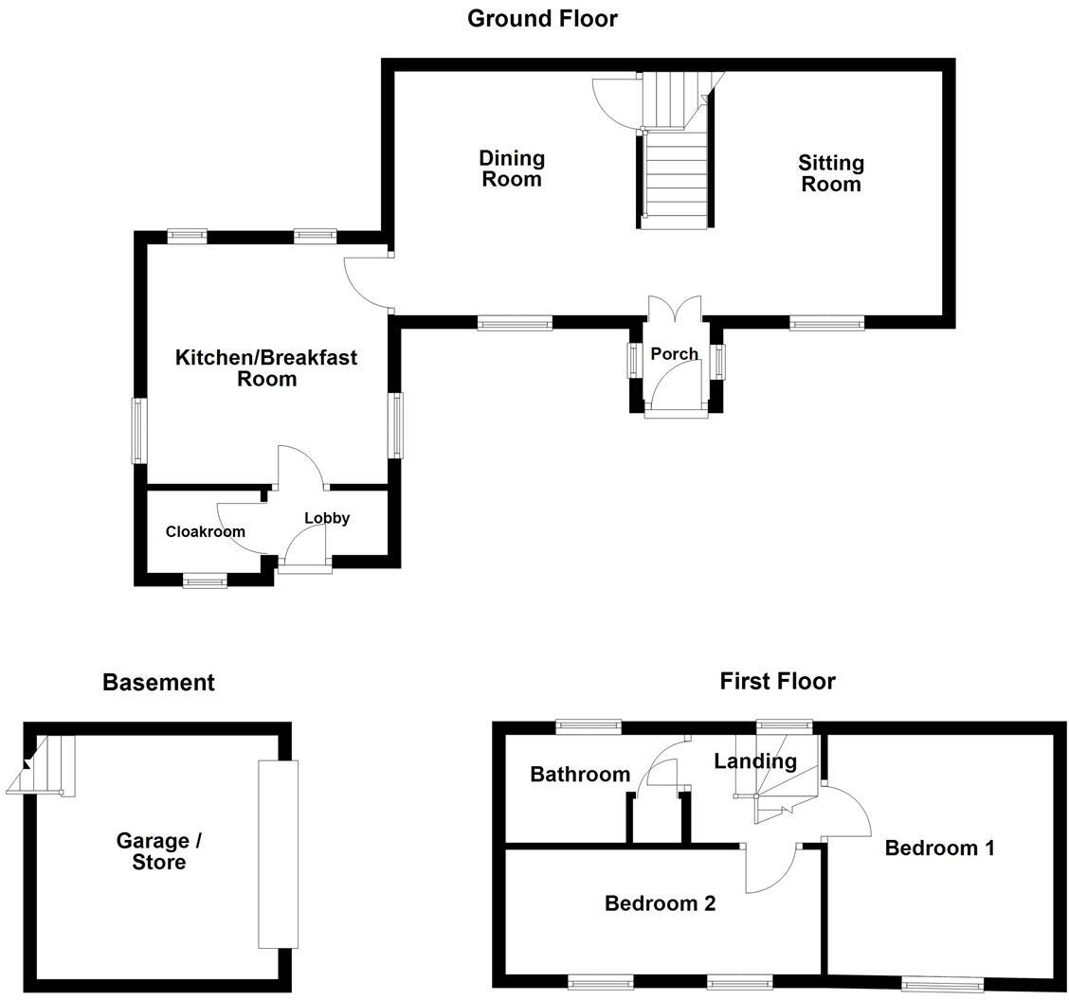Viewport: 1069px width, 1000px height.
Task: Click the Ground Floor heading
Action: tap(542, 18)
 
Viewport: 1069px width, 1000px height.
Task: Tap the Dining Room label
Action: tap(512, 169)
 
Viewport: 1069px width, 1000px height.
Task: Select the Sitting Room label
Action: tap(831, 173)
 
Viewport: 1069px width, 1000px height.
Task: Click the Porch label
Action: tap(674, 353)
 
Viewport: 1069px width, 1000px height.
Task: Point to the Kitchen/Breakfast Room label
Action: tap(266, 367)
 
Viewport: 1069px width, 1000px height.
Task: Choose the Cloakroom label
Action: tap(205, 531)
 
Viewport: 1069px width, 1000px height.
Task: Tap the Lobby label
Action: tap(327, 518)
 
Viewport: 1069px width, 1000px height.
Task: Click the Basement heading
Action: tap(158, 682)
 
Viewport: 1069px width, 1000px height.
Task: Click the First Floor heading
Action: tap(777, 681)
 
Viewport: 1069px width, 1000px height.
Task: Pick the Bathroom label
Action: tap(580, 774)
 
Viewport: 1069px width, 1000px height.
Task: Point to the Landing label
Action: tap(755, 760)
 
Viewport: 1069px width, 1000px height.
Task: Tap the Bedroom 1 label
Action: tap(939, 848)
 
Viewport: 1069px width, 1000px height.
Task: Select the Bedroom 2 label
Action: tap(660, 903)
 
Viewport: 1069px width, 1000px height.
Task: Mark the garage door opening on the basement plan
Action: tap(278, 853)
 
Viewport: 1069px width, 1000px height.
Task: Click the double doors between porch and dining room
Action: tap(674, 310)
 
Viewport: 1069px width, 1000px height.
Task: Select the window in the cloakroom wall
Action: tap(205, 581)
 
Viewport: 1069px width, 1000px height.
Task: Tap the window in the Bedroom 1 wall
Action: tap(942, 985)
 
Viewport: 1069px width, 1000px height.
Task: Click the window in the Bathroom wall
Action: tap(589, 726)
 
